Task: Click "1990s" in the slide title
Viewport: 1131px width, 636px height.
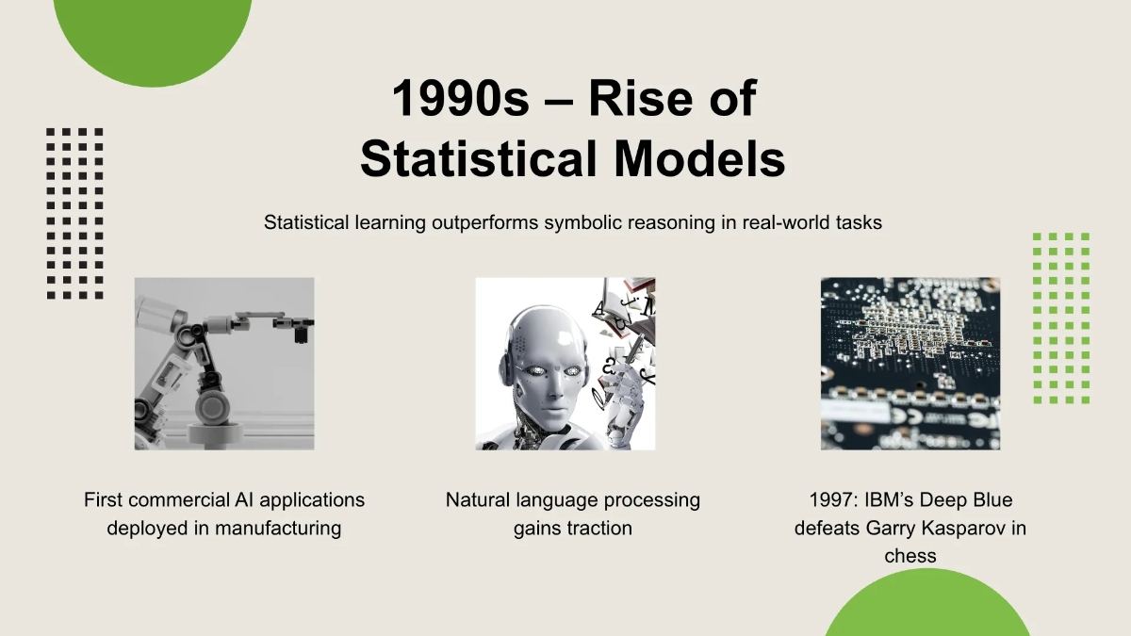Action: tap(460, 97)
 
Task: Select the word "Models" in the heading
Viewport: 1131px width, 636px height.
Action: tap(699, 158)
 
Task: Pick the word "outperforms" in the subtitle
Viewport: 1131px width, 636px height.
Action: tap(484, 222)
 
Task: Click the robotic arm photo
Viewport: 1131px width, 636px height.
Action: tap(224, 364)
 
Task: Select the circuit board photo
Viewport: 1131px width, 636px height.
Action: tap(910, 364)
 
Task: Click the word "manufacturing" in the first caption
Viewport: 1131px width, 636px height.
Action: tap(278, 529)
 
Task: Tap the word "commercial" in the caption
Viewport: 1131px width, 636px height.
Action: tap(182, 500)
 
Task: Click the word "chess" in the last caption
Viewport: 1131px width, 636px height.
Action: tap(910, 556)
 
